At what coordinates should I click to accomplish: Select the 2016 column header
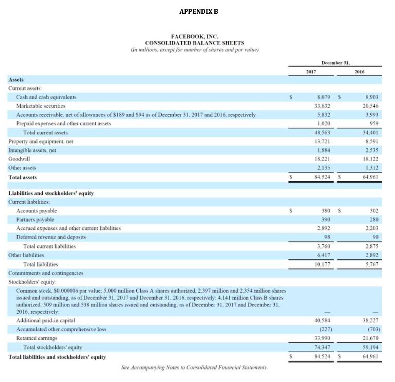tap(359, 72)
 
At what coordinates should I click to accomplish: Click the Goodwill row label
tap(19, 159)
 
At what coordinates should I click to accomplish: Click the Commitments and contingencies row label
tap(45, 273)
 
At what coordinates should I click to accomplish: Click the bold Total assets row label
tap(23, 177)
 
